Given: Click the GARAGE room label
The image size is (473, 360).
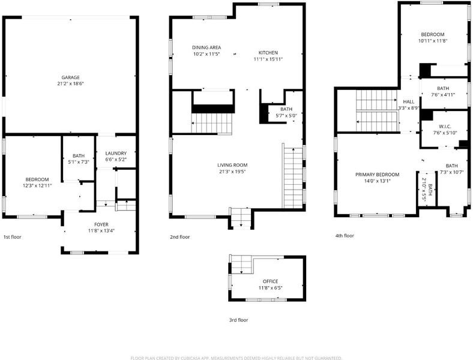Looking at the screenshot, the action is (71, 77).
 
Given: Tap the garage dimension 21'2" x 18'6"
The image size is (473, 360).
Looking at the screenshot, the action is (70, 83).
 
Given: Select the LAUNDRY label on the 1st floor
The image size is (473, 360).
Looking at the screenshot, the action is (116, 153).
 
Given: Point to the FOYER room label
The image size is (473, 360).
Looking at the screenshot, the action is (101, 224).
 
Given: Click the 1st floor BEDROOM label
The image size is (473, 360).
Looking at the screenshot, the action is (37, 179).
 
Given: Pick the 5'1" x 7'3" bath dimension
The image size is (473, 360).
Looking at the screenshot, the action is (79, 162).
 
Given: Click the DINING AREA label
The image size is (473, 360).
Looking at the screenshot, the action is (206, 47).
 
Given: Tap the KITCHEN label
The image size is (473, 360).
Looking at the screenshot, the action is (268, 53).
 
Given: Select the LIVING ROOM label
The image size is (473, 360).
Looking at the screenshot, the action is (232, 165).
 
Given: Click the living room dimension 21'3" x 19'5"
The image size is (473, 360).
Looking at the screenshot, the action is (232, 172).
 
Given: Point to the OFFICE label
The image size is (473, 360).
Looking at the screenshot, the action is (270, 281).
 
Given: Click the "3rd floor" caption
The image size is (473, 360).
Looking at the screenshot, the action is (239, 320).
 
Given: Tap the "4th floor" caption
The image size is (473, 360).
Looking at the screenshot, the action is (345, 236).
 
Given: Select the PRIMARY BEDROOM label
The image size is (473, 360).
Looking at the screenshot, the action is (377, 175).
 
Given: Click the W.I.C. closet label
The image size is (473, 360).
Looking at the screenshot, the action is (445, 127).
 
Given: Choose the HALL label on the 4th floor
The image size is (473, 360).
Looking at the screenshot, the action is (409, 102).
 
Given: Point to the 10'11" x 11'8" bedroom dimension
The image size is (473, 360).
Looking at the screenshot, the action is (433, 41).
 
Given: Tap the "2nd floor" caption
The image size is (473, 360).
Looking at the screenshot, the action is (180, 237).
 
